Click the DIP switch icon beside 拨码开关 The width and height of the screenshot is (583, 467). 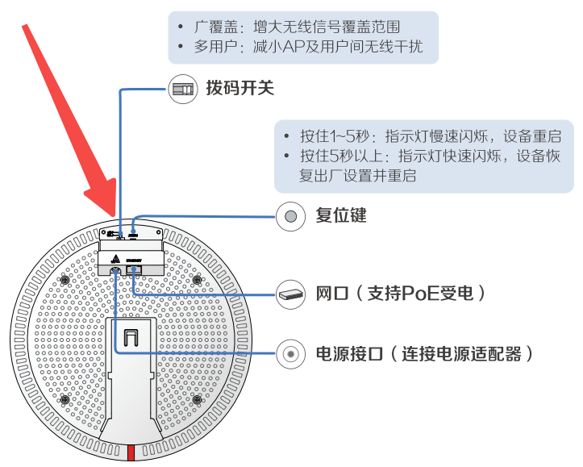click(181, 88)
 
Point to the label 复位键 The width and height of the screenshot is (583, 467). click(341, 215)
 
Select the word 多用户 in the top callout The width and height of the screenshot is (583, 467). click(213, 48)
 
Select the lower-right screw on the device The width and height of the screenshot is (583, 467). click(198, 399)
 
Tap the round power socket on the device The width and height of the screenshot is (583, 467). click(116, 271)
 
